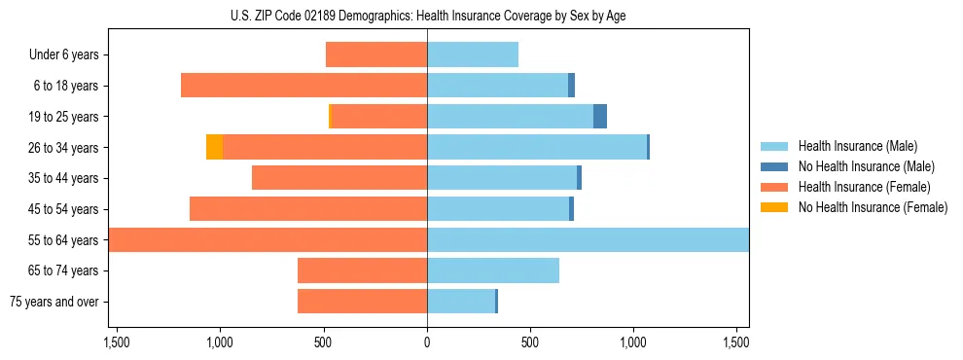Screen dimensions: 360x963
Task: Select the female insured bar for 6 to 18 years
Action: (x=303, y=86)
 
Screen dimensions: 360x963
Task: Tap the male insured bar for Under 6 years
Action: (x=473, y=54)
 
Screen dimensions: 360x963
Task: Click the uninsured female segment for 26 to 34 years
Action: (x=214, y=147)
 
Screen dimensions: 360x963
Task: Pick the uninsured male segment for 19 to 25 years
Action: (x=600, y=117)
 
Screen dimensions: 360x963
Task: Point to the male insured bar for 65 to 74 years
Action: (x=493, y=270)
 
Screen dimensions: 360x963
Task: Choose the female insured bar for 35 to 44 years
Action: (x=339, y=178)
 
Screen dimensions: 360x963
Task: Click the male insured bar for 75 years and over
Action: (x=461, y=302)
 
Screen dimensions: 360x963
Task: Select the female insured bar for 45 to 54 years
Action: (x=308, y=209)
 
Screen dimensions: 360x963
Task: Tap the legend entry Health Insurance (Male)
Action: (x=857, y=146)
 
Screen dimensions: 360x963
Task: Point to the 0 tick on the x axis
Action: (x=427, y=342)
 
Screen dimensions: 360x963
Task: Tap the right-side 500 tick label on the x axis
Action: (x=530, y=342)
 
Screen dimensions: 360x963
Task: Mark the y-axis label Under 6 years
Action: (x=64, y=55)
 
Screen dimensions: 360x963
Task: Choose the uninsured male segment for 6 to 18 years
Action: (x=572, y=86)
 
